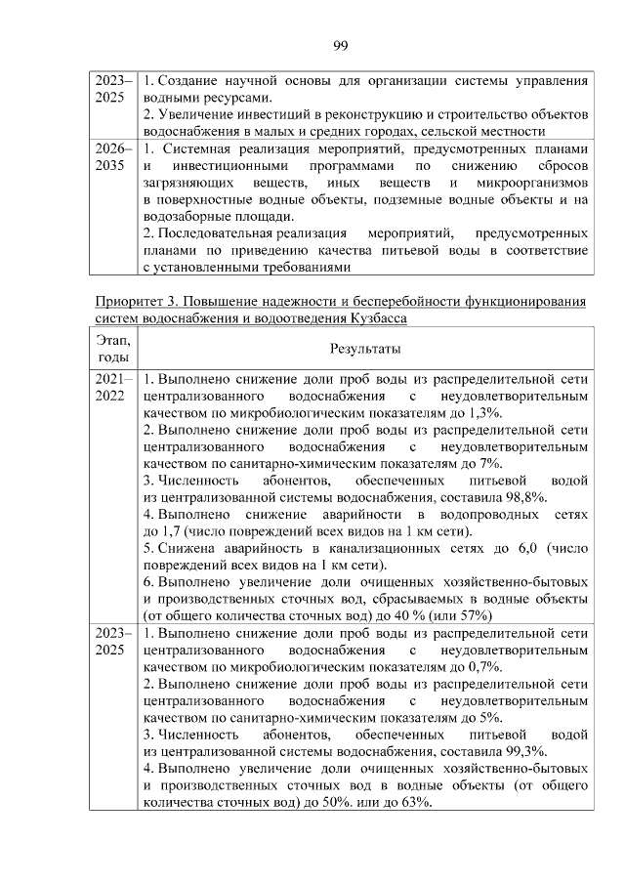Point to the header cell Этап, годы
[x=114, y=348]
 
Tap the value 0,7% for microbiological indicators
[x=484, y=666]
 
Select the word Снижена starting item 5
[x=186, y=549]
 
